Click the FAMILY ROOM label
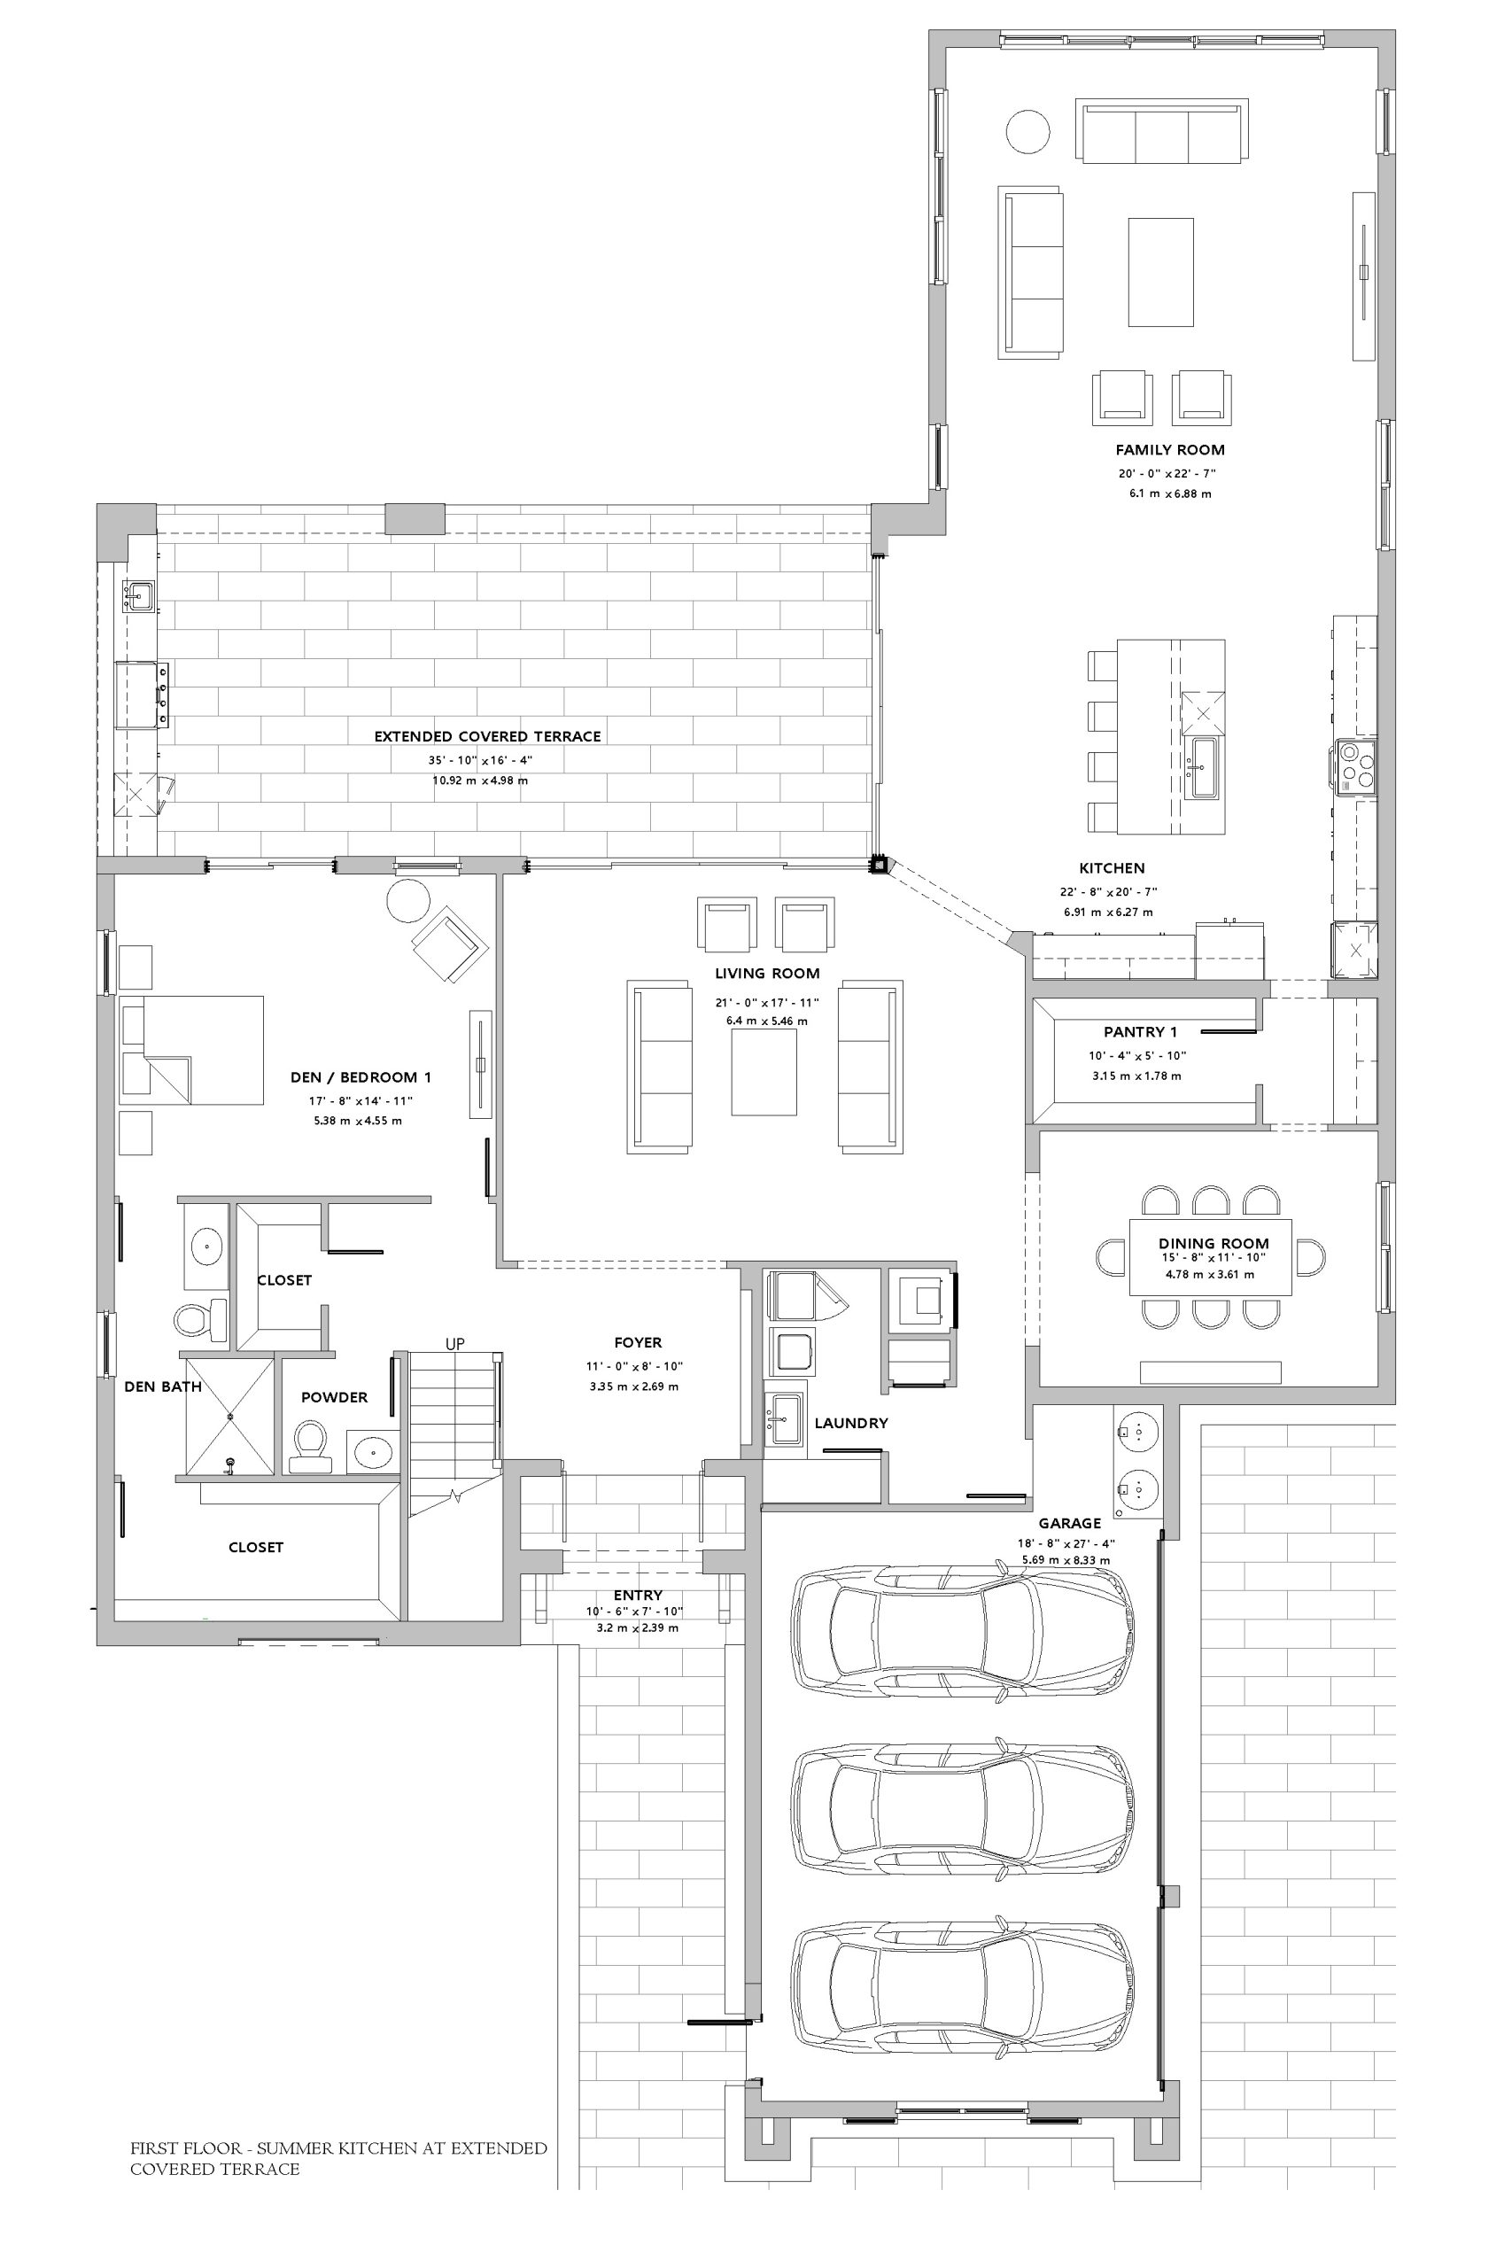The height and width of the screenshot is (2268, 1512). coord(1170,449)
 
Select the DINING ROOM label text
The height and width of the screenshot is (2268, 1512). coord(1213,1244)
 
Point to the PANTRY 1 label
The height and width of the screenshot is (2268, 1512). coord(1141,1032)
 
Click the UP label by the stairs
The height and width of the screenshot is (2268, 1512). coord(455,1344)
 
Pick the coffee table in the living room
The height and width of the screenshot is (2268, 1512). coord(764,1072)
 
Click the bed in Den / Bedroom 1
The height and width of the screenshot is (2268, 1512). coord(191,1050)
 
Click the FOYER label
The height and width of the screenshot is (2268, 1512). coord(639,1342)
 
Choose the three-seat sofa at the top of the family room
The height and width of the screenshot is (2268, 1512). coord(1162,132)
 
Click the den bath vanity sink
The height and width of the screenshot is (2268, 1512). coord(206,1247)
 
